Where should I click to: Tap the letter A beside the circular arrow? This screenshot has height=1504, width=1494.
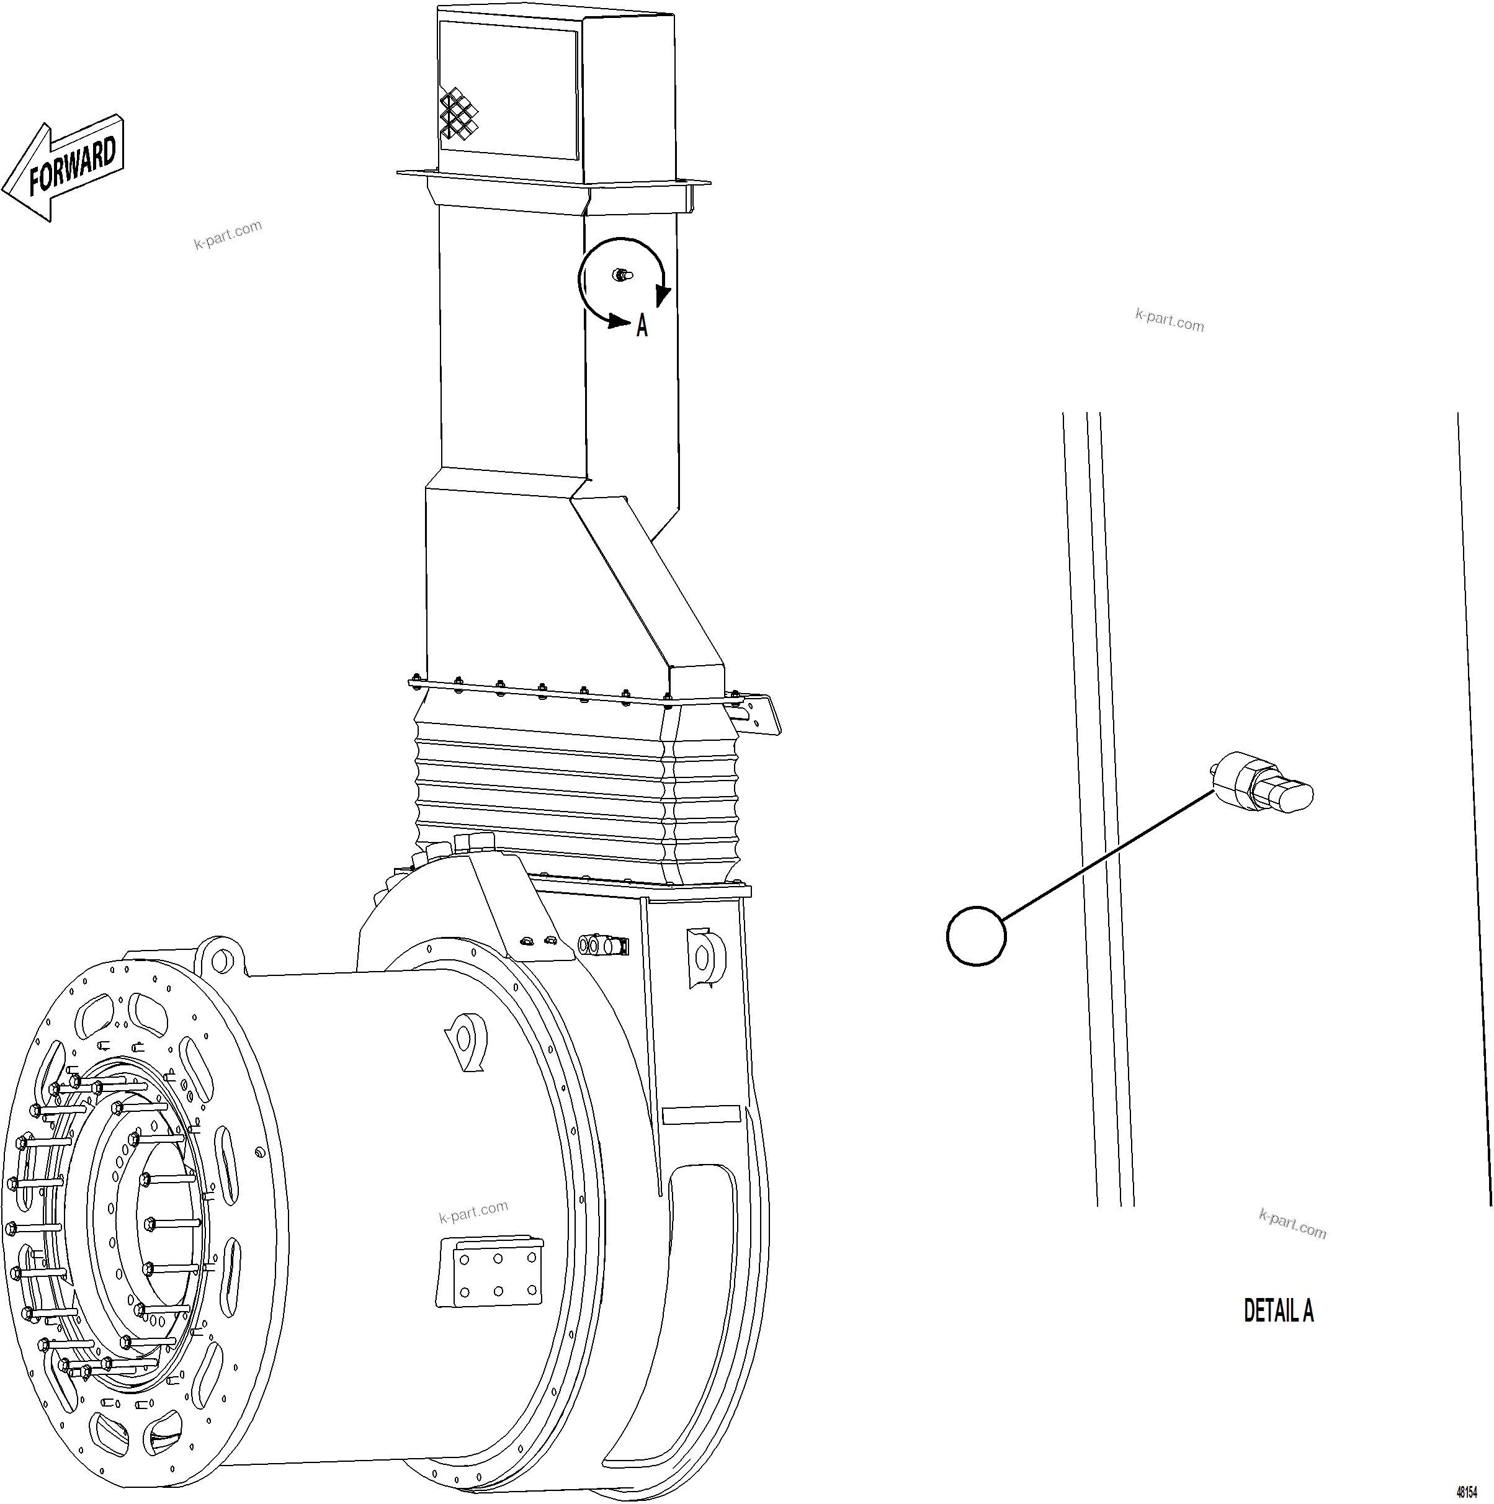point(642,325)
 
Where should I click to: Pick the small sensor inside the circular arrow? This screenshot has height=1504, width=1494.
point(621,274)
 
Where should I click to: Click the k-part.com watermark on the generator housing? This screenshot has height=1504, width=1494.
point(473,1211)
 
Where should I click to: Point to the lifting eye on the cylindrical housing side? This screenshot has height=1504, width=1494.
point(465,1040)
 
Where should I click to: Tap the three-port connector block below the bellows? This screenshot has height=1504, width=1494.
point(603,945)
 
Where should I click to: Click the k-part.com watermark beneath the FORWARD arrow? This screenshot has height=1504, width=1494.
point(227,233)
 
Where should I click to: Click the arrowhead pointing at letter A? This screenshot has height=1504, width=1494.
point(620,321)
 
